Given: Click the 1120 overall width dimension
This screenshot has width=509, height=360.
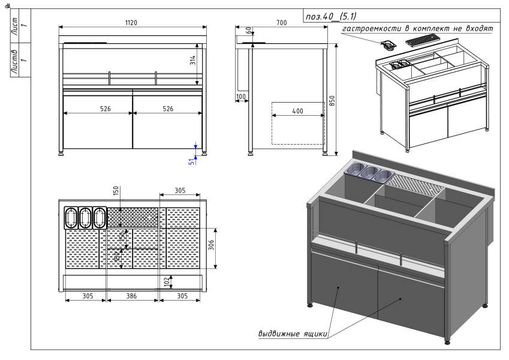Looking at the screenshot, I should click(132, 23).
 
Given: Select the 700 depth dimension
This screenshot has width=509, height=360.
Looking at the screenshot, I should click(281, 23).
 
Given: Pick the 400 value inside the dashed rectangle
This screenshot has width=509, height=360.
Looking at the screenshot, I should click(297, 112).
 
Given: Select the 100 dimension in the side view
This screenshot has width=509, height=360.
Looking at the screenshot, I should click(241, 97).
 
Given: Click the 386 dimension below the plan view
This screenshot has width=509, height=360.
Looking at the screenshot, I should click(132, 296).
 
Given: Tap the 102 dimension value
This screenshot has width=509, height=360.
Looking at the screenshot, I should click(166, 281).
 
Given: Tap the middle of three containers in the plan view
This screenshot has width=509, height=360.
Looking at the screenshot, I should click(85, 217).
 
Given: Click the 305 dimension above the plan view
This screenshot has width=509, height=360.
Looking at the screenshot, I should click(180, 190).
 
